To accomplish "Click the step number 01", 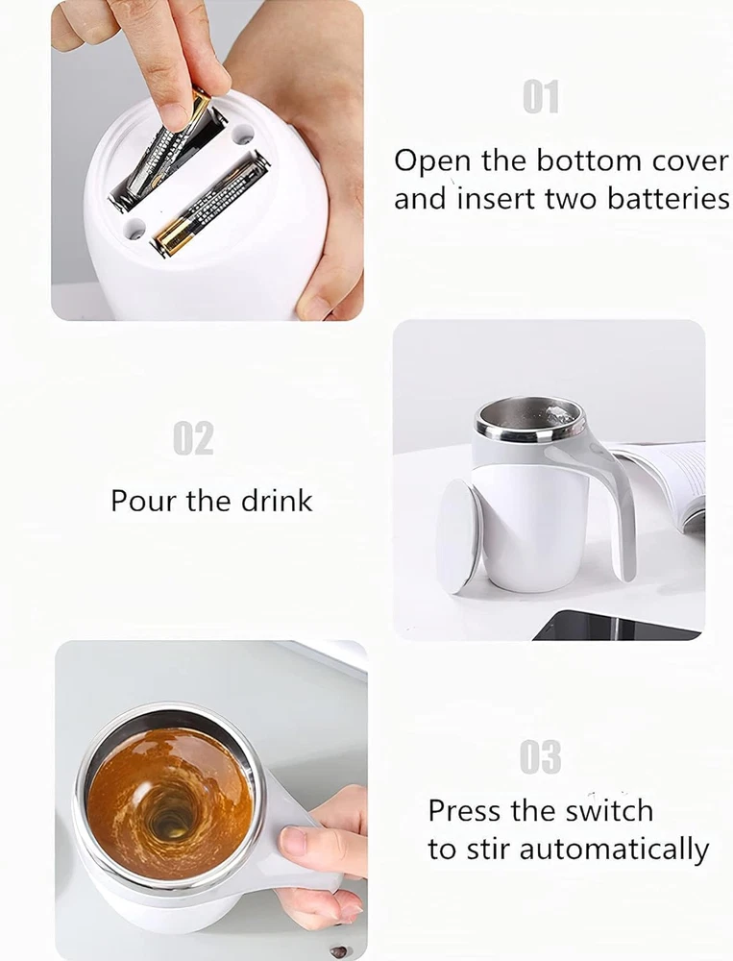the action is (541, 97).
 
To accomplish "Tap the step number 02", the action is (193, 438).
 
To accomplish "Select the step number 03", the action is (540, 757).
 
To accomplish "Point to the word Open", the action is (432, 162).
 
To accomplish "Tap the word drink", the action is (277, 500).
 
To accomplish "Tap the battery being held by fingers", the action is (163, 145).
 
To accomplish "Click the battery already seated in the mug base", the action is (210, 205).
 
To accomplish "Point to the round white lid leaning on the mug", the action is (458, 537).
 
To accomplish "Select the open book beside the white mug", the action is (668, 484).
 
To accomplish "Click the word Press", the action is (465, 810).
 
